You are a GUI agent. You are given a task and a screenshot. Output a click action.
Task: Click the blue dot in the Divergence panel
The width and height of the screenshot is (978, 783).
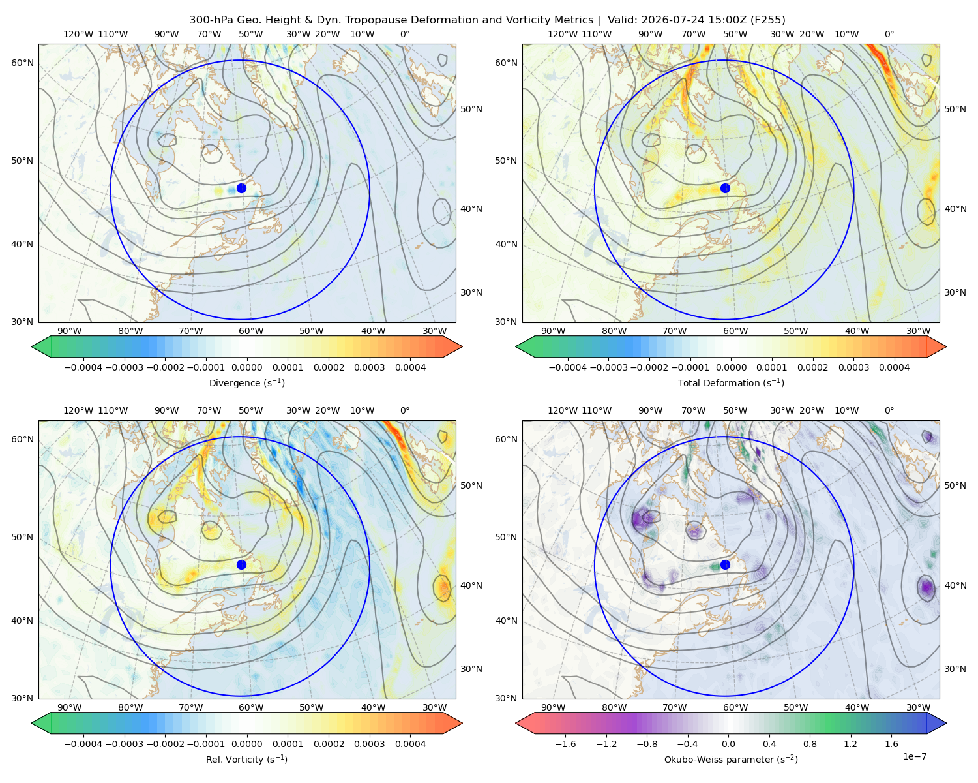point(241,188)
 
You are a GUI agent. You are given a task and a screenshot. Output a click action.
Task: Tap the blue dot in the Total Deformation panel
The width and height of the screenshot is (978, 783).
point(725,188)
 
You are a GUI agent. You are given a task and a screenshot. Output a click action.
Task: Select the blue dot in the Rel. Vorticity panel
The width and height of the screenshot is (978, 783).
point(241,564)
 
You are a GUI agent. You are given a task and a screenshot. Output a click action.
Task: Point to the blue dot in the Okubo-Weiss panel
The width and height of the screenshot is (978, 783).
point(725,564)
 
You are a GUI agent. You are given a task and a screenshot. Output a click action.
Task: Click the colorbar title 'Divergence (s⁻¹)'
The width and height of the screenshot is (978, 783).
point(246,382)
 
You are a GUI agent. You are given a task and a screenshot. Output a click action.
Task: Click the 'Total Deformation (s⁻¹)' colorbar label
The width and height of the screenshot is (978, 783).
point(731,382)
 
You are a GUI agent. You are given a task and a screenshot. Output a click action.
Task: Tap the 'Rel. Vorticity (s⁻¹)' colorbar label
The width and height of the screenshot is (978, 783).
point(246,759)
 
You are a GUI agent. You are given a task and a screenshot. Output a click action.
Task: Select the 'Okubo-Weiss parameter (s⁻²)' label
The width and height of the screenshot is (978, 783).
point(731,759)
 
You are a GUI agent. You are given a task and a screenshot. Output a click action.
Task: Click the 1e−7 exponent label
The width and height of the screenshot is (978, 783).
point(914,756)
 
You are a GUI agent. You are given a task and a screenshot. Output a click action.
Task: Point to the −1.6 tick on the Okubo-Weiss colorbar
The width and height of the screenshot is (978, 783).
point(565,743)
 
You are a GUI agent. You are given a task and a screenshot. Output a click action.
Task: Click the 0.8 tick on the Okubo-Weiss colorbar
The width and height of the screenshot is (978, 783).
point(810,743)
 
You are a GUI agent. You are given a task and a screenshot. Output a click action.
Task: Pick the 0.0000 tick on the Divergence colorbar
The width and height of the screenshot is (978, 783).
point(246,367)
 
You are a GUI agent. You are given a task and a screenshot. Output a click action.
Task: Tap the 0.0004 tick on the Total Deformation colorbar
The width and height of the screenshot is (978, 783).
point(894,367)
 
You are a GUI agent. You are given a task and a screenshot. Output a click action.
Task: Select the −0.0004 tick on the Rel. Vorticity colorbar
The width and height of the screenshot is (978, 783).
point(83,743)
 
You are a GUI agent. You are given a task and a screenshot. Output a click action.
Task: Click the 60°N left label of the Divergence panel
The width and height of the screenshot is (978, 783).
point(22,63)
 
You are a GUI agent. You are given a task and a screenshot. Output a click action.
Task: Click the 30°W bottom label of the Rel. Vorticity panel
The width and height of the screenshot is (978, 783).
point(434,707)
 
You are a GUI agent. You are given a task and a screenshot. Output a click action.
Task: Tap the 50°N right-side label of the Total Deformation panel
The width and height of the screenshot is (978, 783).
point(955,109)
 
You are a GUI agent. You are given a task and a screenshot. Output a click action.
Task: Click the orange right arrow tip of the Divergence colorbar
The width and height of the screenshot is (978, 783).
point(462,346)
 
